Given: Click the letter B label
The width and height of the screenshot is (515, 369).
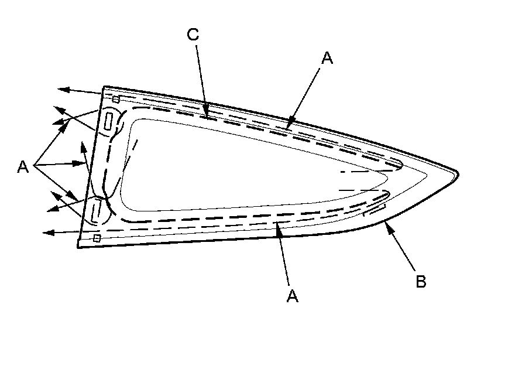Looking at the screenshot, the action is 421,281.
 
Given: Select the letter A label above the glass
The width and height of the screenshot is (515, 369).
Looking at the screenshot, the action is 327,57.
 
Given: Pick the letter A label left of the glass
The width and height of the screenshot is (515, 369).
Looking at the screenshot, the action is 23,168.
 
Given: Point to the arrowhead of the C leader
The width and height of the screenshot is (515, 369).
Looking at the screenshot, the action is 207,112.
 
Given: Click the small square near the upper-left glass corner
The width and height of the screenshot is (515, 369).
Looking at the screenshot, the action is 116,99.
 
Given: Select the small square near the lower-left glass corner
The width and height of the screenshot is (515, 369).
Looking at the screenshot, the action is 97,238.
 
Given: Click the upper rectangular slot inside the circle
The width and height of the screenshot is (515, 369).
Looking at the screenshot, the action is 109,122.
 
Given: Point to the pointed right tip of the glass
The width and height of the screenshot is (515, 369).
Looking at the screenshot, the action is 457,174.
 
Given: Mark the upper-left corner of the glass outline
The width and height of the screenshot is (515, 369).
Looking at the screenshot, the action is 104,87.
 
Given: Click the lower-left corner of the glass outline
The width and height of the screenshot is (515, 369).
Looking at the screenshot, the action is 78,247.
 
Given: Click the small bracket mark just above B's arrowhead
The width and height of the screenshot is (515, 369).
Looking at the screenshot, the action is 375,210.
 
